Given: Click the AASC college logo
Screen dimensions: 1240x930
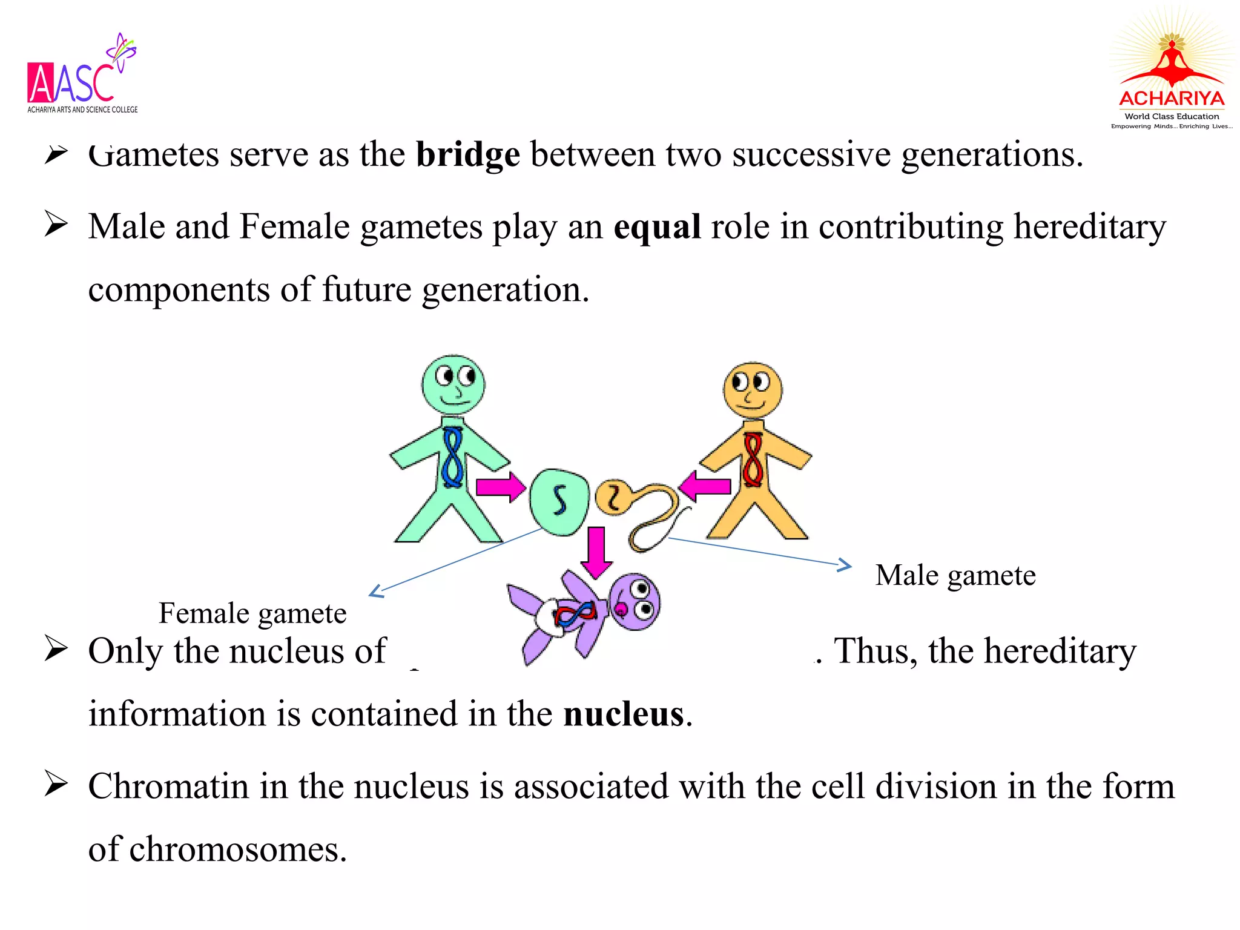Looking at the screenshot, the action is pyautogui.click(x=82, y=76).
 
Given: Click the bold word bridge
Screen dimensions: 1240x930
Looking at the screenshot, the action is pyautogui.click(x=467, y=155).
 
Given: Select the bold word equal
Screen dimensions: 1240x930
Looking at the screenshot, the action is pyautogui.click(x=657, y=227).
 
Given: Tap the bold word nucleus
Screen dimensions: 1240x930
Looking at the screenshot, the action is pyautogui.click(x=624, y=714).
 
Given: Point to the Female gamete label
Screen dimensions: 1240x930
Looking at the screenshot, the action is pyautogui.click(x=252, y=613).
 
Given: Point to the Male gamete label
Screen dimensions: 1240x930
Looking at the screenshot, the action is pyautogui.click(x=955, y=575).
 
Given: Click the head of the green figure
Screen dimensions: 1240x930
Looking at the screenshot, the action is pyautogui.click(x=453, y=384).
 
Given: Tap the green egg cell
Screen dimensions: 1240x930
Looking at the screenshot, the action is pyautogui.click(x=559, y=501).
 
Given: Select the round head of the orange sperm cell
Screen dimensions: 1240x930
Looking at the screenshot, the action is pyautogui.click(x=613, y=496).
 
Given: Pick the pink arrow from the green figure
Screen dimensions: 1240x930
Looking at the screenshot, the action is pyautogui.click(x=500, y=487).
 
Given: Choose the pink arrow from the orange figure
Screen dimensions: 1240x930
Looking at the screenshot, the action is pyautogui.click(x=705, y=486).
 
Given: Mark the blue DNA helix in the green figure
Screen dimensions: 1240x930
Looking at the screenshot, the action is pyautogui.click(x=452, y=457).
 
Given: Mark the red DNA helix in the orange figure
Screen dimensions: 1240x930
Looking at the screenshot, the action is pyautogui.click(x=753, y=460).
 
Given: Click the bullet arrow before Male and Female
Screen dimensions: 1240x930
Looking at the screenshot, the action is pyautogui.click(x=56, y=225).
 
